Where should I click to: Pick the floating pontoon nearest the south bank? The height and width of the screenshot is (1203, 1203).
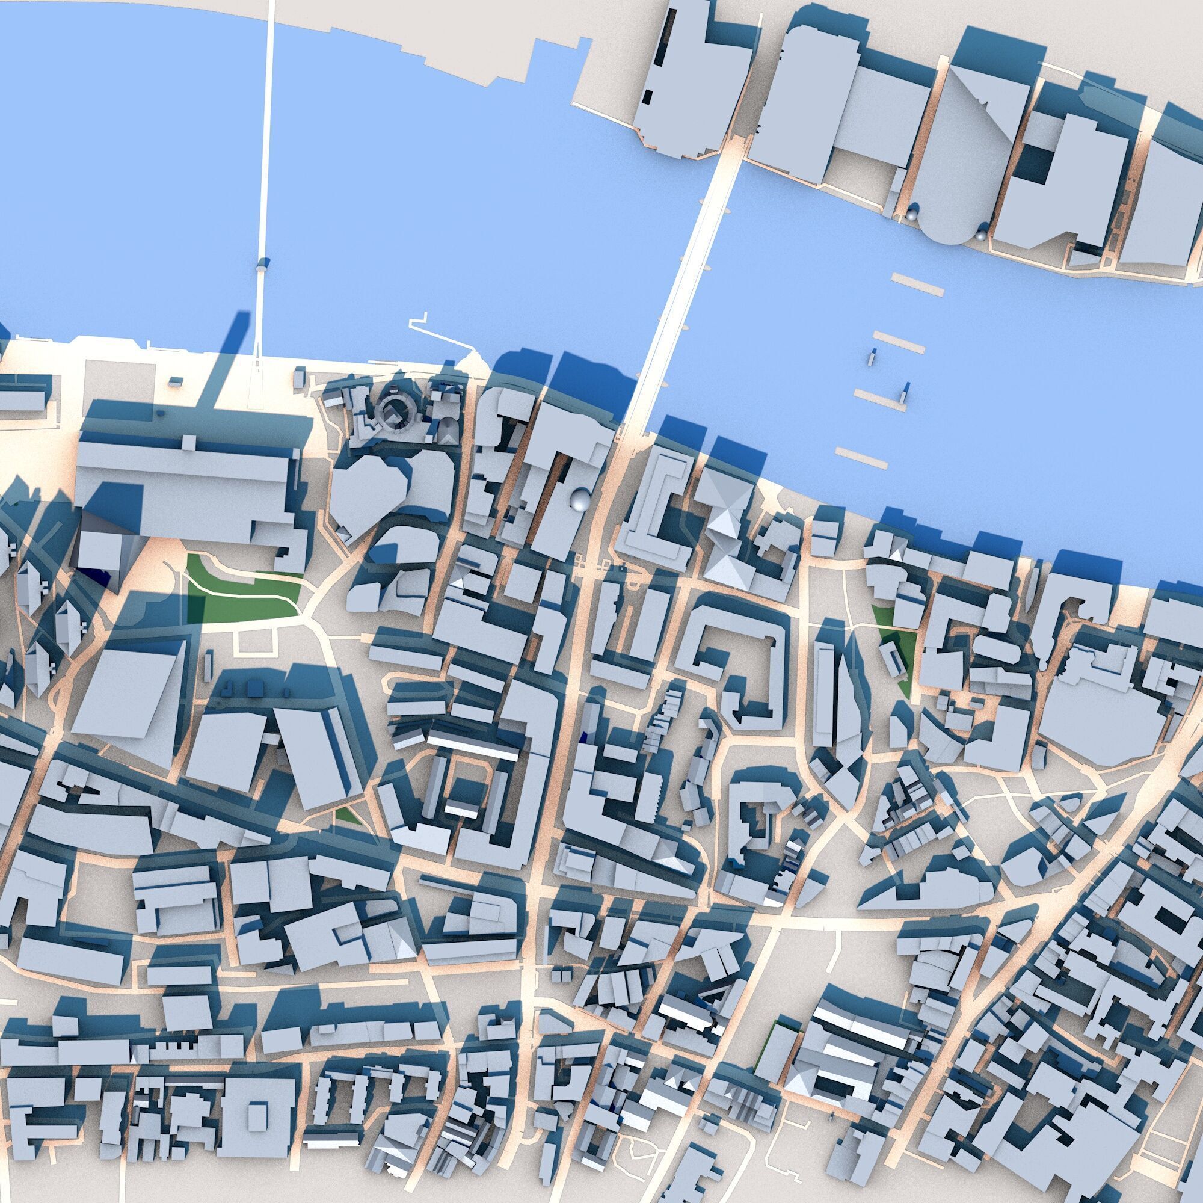point(861,457)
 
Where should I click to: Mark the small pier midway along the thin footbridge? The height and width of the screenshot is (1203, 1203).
point(262,265)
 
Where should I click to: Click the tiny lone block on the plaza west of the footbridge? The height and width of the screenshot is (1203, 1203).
point(177,379)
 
